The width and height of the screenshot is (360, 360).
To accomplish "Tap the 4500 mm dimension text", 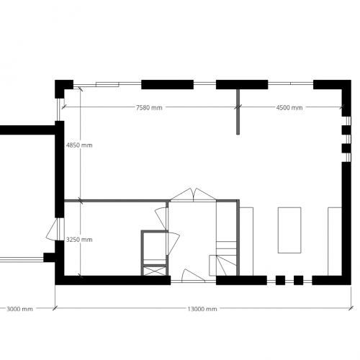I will pyautogui.click(x=289, y=108).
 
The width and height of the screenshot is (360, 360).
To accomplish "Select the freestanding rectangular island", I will pyautogui.click(x=289, y=229).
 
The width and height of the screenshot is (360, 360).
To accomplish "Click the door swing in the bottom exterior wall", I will pyautogui.click(x=194, y=275).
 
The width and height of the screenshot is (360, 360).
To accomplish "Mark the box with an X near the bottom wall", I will pyautogui.click(x=154, y=271).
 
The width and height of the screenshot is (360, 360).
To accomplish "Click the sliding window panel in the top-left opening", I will pyautogui.click(x=107, y=84).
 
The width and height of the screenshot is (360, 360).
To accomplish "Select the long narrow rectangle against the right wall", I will pyautogui.click(x=335, y=240).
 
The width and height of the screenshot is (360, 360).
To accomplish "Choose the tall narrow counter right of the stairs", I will pyautogui.click(x=246, y=240).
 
